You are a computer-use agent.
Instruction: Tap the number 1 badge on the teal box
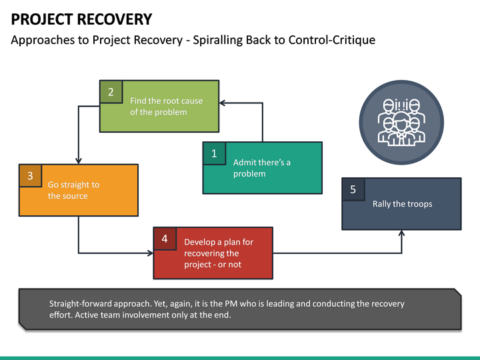214,153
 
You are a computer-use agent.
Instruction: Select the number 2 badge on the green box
111,92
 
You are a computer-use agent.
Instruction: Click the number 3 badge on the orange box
30,176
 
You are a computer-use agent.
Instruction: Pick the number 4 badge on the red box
165,239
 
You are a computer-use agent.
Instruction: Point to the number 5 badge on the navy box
353,189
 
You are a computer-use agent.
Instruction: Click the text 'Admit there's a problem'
261,168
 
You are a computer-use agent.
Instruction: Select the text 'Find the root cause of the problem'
166,107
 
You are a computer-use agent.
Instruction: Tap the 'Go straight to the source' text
73,190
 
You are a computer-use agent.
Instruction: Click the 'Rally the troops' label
402,204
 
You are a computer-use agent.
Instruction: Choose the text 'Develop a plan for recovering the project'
218,253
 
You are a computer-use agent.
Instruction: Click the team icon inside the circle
401,122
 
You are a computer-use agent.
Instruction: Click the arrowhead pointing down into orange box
79,161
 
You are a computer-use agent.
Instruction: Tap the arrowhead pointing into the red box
150,253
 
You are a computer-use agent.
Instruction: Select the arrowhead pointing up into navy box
402,233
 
